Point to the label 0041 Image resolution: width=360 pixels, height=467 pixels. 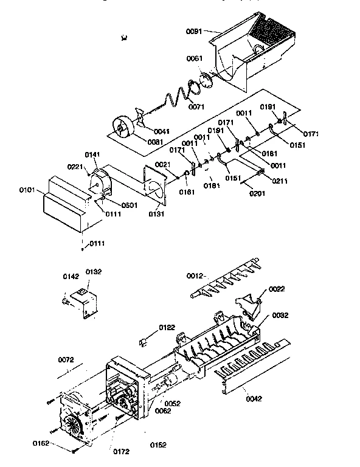tap(161, 131)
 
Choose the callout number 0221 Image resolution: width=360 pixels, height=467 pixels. tap(75, 167)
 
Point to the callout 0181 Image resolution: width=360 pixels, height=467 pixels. tap(212, 185)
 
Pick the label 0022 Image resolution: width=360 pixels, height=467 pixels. tap(277, 289)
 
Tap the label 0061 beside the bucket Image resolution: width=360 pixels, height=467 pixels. tap(195, 58)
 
